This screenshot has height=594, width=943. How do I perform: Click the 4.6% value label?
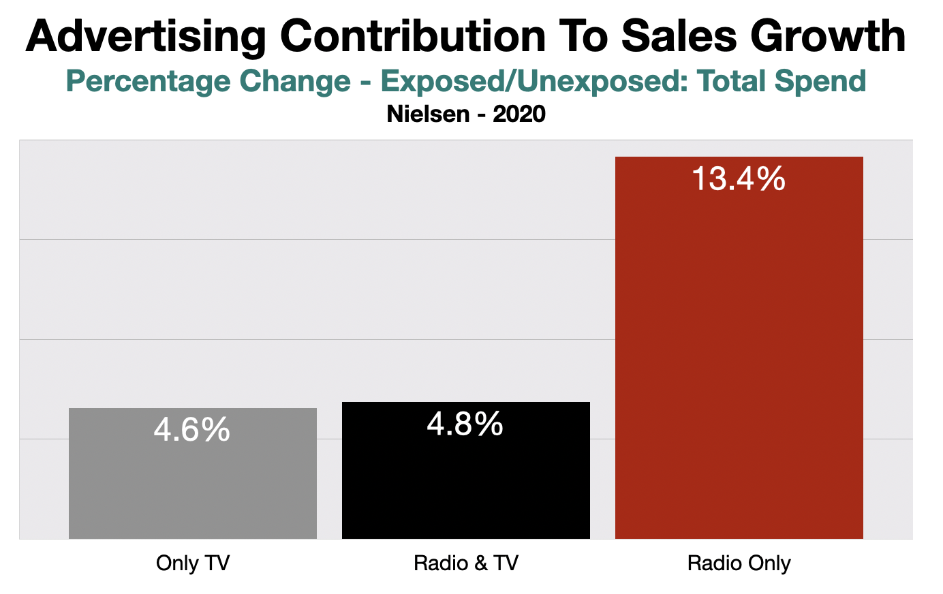tap(192, 430)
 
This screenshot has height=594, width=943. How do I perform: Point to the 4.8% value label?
tap(465, 424)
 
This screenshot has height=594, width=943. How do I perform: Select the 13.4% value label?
tap(739, 179)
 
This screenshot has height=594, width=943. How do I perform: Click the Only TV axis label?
tap(193, 563)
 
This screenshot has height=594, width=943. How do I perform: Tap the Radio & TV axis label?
tap(466, 563)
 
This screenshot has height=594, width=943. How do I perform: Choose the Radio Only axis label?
tap(739, 563)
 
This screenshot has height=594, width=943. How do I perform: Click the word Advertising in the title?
tap(145, 37)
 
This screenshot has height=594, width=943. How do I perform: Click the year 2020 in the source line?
tap(519, 114)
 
